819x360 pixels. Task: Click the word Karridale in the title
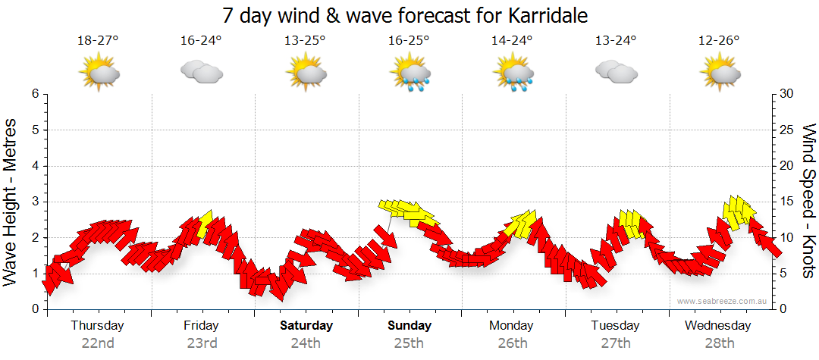coord(544,15)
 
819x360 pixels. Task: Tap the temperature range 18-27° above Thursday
coord(98,41)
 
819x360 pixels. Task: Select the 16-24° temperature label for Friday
coord(201,41)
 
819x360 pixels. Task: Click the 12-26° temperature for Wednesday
coord(719,41)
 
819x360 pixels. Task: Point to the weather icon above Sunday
coord(410,73)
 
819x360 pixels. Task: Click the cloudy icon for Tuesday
coord(616,71)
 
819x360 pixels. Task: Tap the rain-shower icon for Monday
coord(513,73)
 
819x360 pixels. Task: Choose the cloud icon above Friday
coord(201,71)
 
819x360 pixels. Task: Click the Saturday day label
coord(306,326)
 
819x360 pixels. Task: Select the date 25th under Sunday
coord(409,343)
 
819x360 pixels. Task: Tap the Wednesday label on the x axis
coord(717,326)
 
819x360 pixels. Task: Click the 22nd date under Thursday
coord(98,343)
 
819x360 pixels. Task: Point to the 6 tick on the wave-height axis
coord(35,94)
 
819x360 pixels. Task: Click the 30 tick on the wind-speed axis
coord(788,94)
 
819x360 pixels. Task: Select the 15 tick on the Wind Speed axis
coord(788,202)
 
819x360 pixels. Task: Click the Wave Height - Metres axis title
coord(11,202)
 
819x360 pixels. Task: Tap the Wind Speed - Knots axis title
coord(808,202)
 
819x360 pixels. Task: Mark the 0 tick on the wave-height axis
coord(35,309)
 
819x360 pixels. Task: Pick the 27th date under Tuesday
coord(616,343)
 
